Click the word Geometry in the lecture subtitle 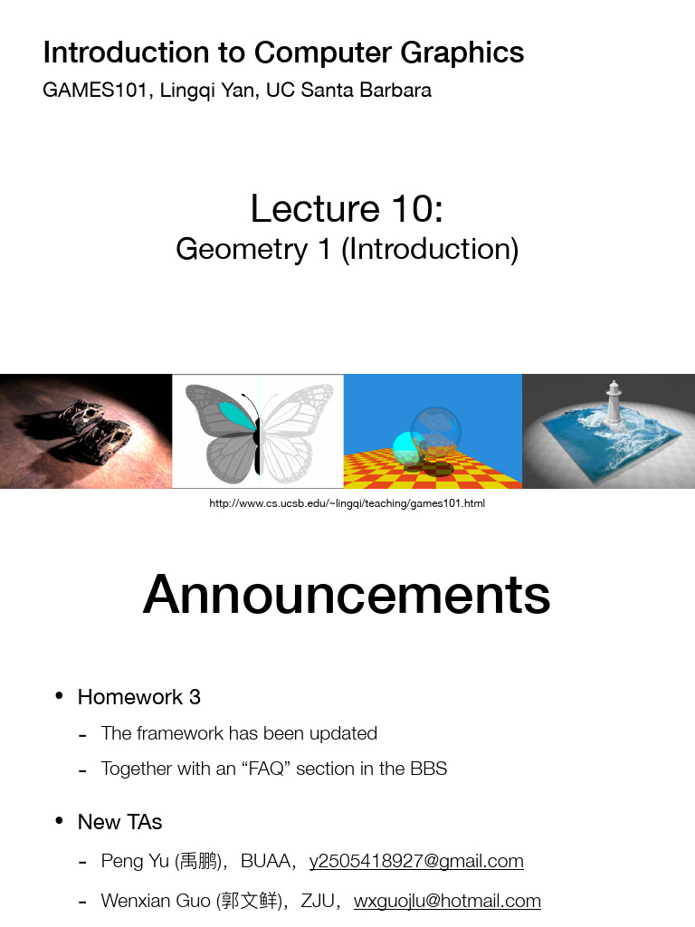pos(242,249)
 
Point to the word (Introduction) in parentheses pos(430,249)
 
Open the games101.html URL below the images pos(347,503)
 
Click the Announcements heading pos(347,595)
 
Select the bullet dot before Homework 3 pos(59,696)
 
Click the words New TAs pos(120,822)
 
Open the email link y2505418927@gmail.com pos(416,861)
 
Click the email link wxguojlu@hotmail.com pos(447,901)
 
